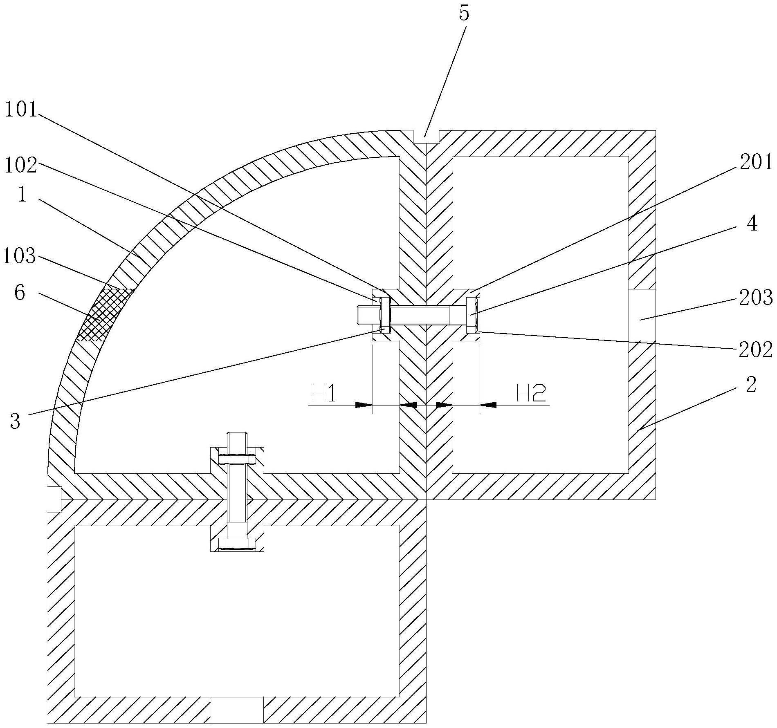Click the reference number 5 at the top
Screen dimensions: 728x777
point(464,14)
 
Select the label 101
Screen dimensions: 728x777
point(21,110)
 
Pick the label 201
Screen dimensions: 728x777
point(755,163)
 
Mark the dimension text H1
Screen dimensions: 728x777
point(324,395)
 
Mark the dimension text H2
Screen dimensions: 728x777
point(531,395)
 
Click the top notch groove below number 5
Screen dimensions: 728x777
point(426,137)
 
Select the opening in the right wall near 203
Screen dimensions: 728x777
point(642,315)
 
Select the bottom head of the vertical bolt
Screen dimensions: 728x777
point(237,543)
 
